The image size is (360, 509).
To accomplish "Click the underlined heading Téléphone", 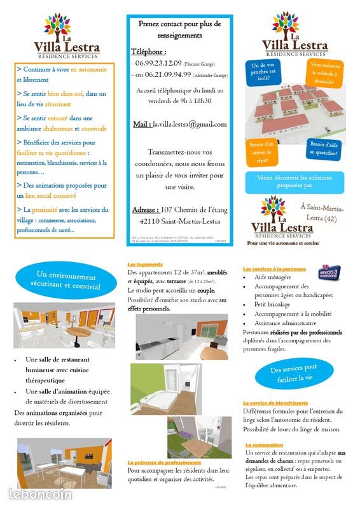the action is click(x=148, y=52).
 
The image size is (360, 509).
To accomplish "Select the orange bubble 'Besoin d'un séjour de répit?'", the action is click(x=261, y=152).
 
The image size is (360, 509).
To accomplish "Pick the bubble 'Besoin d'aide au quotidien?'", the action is click(x=324, y=148).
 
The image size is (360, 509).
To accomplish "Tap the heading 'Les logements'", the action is click(x=145, y=264).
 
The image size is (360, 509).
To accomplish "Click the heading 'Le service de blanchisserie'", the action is click(x=275, y=403).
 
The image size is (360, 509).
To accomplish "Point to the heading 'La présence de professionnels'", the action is click(x=164, y=463).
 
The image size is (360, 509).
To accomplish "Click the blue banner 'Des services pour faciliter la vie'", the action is click(x=293, y=373).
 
